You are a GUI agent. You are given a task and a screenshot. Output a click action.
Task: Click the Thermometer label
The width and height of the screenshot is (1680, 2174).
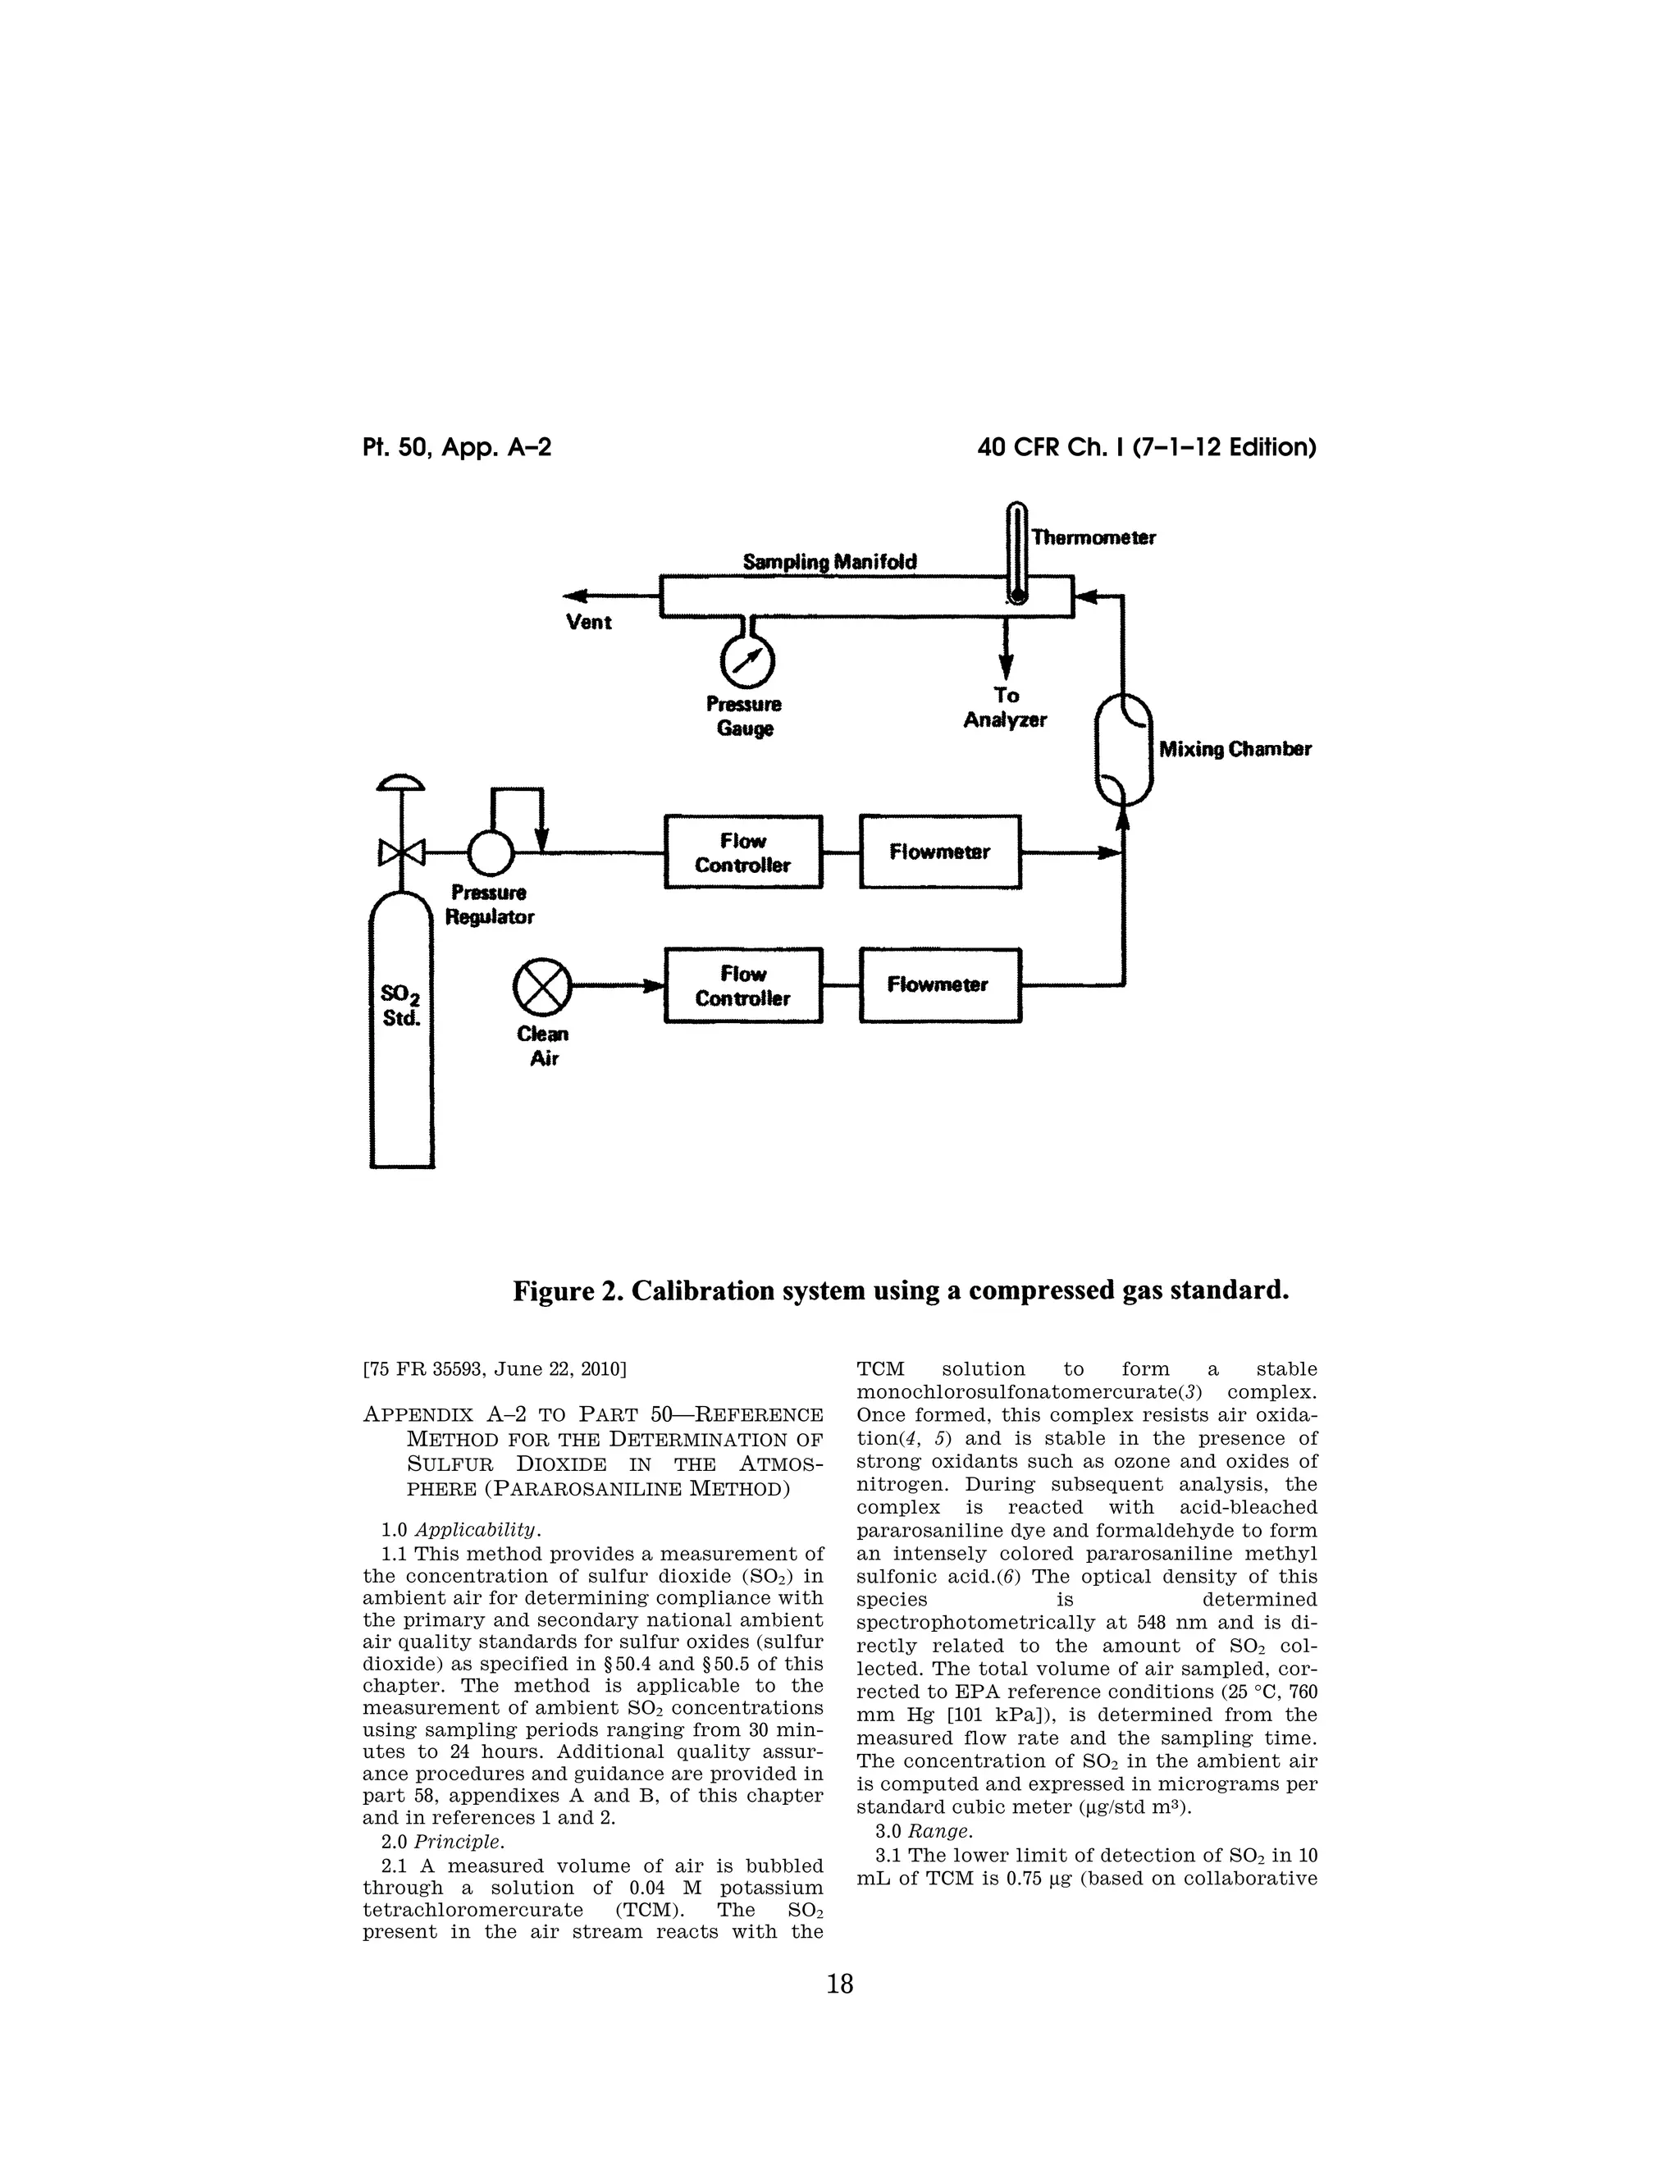click(1093, 537)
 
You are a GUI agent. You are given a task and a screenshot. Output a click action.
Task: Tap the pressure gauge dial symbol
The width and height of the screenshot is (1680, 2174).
click(746, 660)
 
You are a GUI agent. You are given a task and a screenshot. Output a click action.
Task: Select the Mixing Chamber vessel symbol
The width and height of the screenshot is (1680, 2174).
click(1124, 748)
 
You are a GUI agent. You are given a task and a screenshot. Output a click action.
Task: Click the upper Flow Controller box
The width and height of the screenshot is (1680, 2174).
click(742, 852)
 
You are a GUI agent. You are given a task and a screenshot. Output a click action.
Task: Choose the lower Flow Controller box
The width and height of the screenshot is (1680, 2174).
click(742, 985)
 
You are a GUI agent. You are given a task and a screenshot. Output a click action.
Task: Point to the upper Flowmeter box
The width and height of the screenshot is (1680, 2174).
click(939, 852)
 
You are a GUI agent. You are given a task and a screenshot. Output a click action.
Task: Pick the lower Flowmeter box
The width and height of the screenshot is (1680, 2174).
click(939, 985)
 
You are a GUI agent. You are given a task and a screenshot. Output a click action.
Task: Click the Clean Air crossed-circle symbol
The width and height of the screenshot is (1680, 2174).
click(542, 986)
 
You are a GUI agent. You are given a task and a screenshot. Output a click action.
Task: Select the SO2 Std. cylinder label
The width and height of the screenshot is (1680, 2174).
click(401, 1006)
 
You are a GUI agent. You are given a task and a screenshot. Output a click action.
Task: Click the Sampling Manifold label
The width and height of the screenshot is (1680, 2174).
click(830, 563)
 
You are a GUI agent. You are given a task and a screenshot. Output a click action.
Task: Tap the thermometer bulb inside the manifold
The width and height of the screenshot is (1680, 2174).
click(1017, 596)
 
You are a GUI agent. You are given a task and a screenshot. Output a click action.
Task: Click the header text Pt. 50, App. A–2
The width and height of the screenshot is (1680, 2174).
click(457, 448)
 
